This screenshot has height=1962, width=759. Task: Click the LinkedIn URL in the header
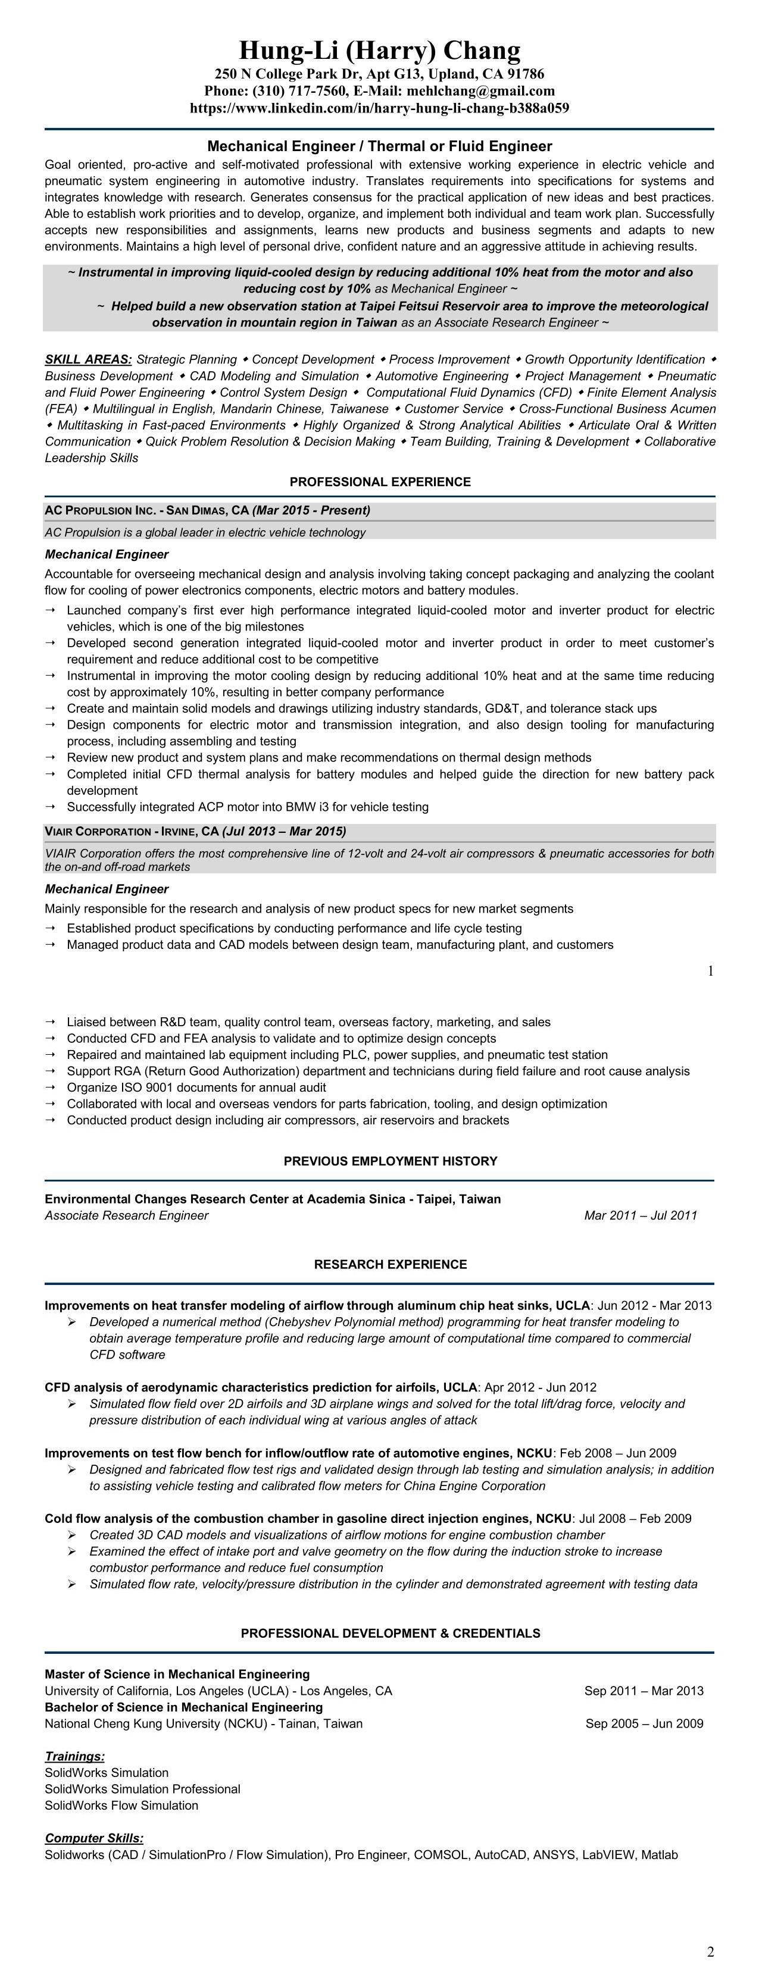380,108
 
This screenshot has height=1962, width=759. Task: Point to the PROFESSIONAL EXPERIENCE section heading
380,482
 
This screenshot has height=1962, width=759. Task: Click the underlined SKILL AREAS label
88,359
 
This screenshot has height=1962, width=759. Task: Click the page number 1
710,971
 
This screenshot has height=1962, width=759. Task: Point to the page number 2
710,1951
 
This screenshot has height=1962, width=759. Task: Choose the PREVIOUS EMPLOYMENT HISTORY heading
390,1161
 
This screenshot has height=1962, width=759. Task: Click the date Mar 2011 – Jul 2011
640,1215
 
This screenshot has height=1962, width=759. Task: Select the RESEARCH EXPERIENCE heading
390,1264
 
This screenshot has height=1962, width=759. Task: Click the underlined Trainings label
74,1756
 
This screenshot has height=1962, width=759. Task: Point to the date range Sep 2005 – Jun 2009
644,1723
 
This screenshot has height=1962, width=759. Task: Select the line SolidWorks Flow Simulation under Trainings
121,1805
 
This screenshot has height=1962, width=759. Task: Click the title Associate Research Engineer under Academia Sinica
126,1215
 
